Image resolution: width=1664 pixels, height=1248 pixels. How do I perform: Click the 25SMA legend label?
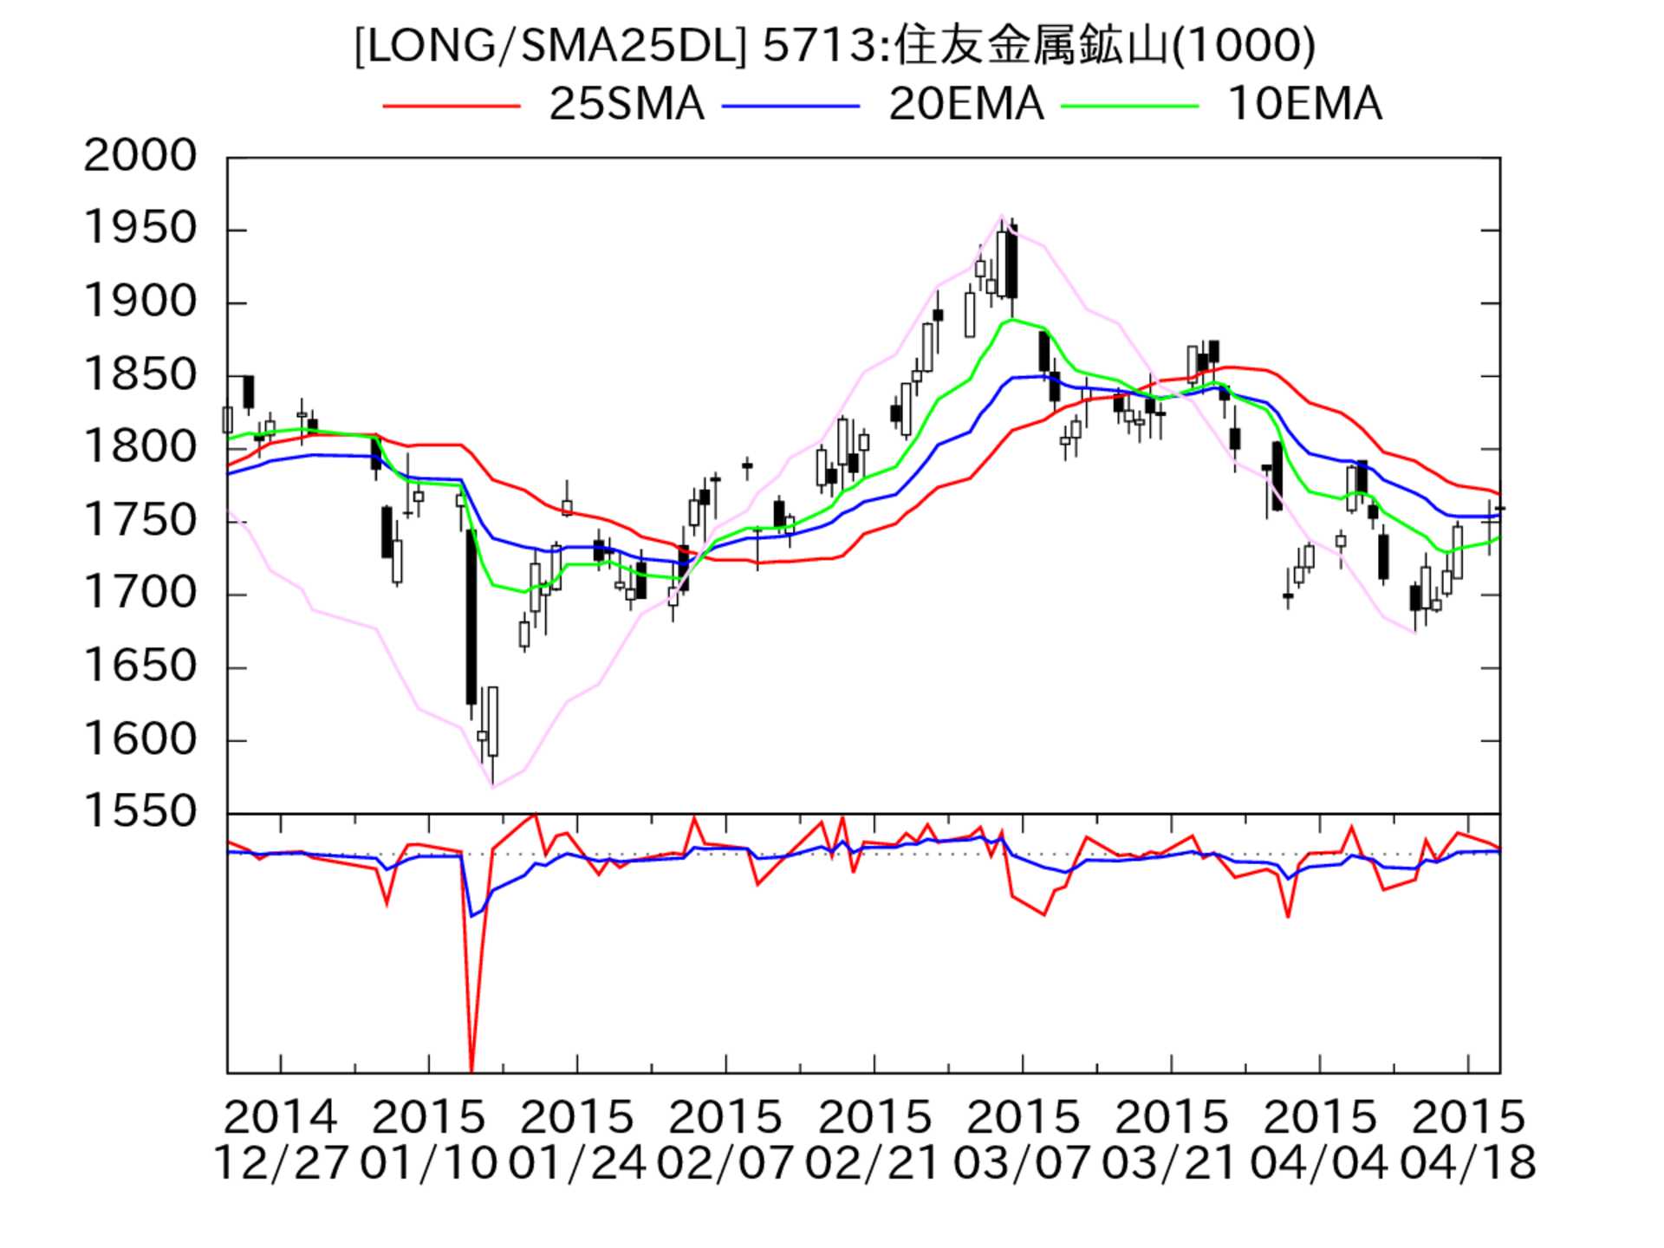click(626, 105)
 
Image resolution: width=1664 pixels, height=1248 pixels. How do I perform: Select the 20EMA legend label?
click(965, 105)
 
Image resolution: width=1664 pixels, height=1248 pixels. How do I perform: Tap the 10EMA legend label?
click(1304, 105)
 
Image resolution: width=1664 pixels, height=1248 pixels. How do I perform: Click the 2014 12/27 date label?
click(280, 1140)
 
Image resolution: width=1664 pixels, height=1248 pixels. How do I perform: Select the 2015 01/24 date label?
click(576, 1140)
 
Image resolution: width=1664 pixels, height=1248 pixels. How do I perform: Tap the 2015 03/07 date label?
click(1022, 1140)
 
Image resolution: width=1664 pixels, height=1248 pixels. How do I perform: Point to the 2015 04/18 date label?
click(1467, 1140)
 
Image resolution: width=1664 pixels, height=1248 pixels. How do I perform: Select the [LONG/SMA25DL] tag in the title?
click(550, 46)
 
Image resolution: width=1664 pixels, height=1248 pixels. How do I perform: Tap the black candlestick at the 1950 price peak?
click(1011, 262)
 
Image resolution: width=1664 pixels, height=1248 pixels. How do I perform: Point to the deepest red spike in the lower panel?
click(471, 1062)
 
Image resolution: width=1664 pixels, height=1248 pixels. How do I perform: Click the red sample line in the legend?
click(452, 106)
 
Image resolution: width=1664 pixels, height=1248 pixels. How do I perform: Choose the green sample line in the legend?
click(1130, 106)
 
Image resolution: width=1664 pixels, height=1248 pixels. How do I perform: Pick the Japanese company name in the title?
click(1031, 46)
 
